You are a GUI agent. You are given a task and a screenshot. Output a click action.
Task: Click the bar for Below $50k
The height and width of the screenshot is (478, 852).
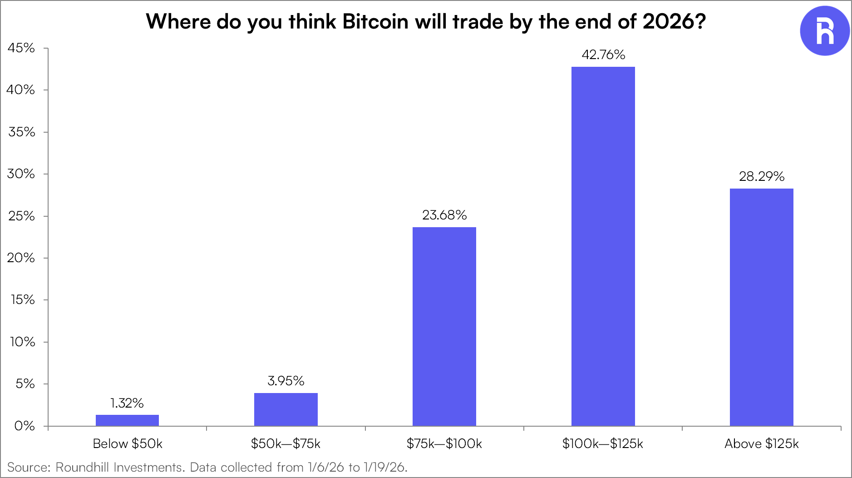point(127,420)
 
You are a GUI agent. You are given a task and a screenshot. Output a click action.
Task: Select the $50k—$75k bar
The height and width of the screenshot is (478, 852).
point(286,409)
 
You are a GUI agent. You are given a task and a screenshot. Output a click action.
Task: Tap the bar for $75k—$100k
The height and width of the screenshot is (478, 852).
point(444,326)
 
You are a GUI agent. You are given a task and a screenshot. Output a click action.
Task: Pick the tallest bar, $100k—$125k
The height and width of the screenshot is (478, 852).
point(603,246)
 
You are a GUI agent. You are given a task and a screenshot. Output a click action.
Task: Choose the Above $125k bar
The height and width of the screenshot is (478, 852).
point(761,307)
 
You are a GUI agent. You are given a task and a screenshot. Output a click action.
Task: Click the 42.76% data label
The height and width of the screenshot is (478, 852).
point(603,55)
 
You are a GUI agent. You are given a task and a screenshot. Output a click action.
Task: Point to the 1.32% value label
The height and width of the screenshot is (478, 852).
point(127,403)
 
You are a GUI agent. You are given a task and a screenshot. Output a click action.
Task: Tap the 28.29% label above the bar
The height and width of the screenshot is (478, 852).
point(761,176)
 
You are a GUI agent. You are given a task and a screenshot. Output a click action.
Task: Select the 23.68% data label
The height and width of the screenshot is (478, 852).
point(444,215)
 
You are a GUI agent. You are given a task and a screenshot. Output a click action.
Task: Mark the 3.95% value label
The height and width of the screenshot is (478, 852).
point(286,381)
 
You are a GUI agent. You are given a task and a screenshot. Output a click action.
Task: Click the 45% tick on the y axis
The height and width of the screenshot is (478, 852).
point(21,48)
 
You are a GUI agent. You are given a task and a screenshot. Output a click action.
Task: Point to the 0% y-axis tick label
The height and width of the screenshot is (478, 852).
point(25,426)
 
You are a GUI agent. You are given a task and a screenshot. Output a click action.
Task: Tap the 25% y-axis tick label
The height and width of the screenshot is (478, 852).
point(21,216)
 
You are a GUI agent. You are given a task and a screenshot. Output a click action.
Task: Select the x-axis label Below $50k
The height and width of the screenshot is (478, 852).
point(128,443)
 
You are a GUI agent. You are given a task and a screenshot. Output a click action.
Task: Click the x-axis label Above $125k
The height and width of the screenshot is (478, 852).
point(761,443)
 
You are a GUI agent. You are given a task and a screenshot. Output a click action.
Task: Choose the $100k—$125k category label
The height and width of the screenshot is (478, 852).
point(602,443)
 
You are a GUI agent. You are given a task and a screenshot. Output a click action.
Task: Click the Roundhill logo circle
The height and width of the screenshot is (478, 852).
point(824,31)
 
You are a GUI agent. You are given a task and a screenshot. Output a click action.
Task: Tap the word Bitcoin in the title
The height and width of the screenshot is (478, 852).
point(375,21)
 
